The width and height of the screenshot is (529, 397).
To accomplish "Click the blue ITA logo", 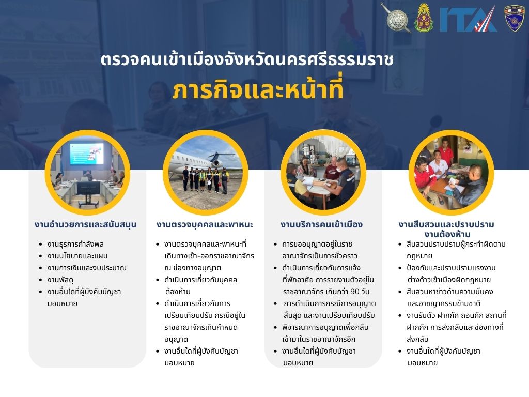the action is point(468,20).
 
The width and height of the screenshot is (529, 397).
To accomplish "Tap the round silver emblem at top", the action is point(397,18).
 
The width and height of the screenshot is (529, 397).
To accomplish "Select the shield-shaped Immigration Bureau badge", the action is point(514,19).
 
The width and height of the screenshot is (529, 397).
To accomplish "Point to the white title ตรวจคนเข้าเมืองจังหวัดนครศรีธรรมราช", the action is point(247,59).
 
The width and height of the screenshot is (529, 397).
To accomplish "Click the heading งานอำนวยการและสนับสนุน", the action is point(85,224).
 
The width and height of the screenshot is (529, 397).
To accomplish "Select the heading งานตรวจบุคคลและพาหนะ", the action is point(205,224).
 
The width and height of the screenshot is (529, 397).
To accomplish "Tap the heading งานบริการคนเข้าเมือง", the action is point(321,224).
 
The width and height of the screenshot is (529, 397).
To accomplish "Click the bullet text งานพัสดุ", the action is point(60,280).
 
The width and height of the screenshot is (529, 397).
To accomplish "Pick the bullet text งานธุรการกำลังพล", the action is point(75,244).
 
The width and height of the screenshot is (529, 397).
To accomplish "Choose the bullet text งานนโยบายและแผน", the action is point(77,256).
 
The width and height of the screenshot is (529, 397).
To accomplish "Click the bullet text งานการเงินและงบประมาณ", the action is point(87,268).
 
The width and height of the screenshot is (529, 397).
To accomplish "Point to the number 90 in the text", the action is point(354,292).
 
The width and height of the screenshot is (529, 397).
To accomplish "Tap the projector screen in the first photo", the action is point(86,154).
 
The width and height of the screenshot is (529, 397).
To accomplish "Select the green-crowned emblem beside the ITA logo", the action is point(424,18).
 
